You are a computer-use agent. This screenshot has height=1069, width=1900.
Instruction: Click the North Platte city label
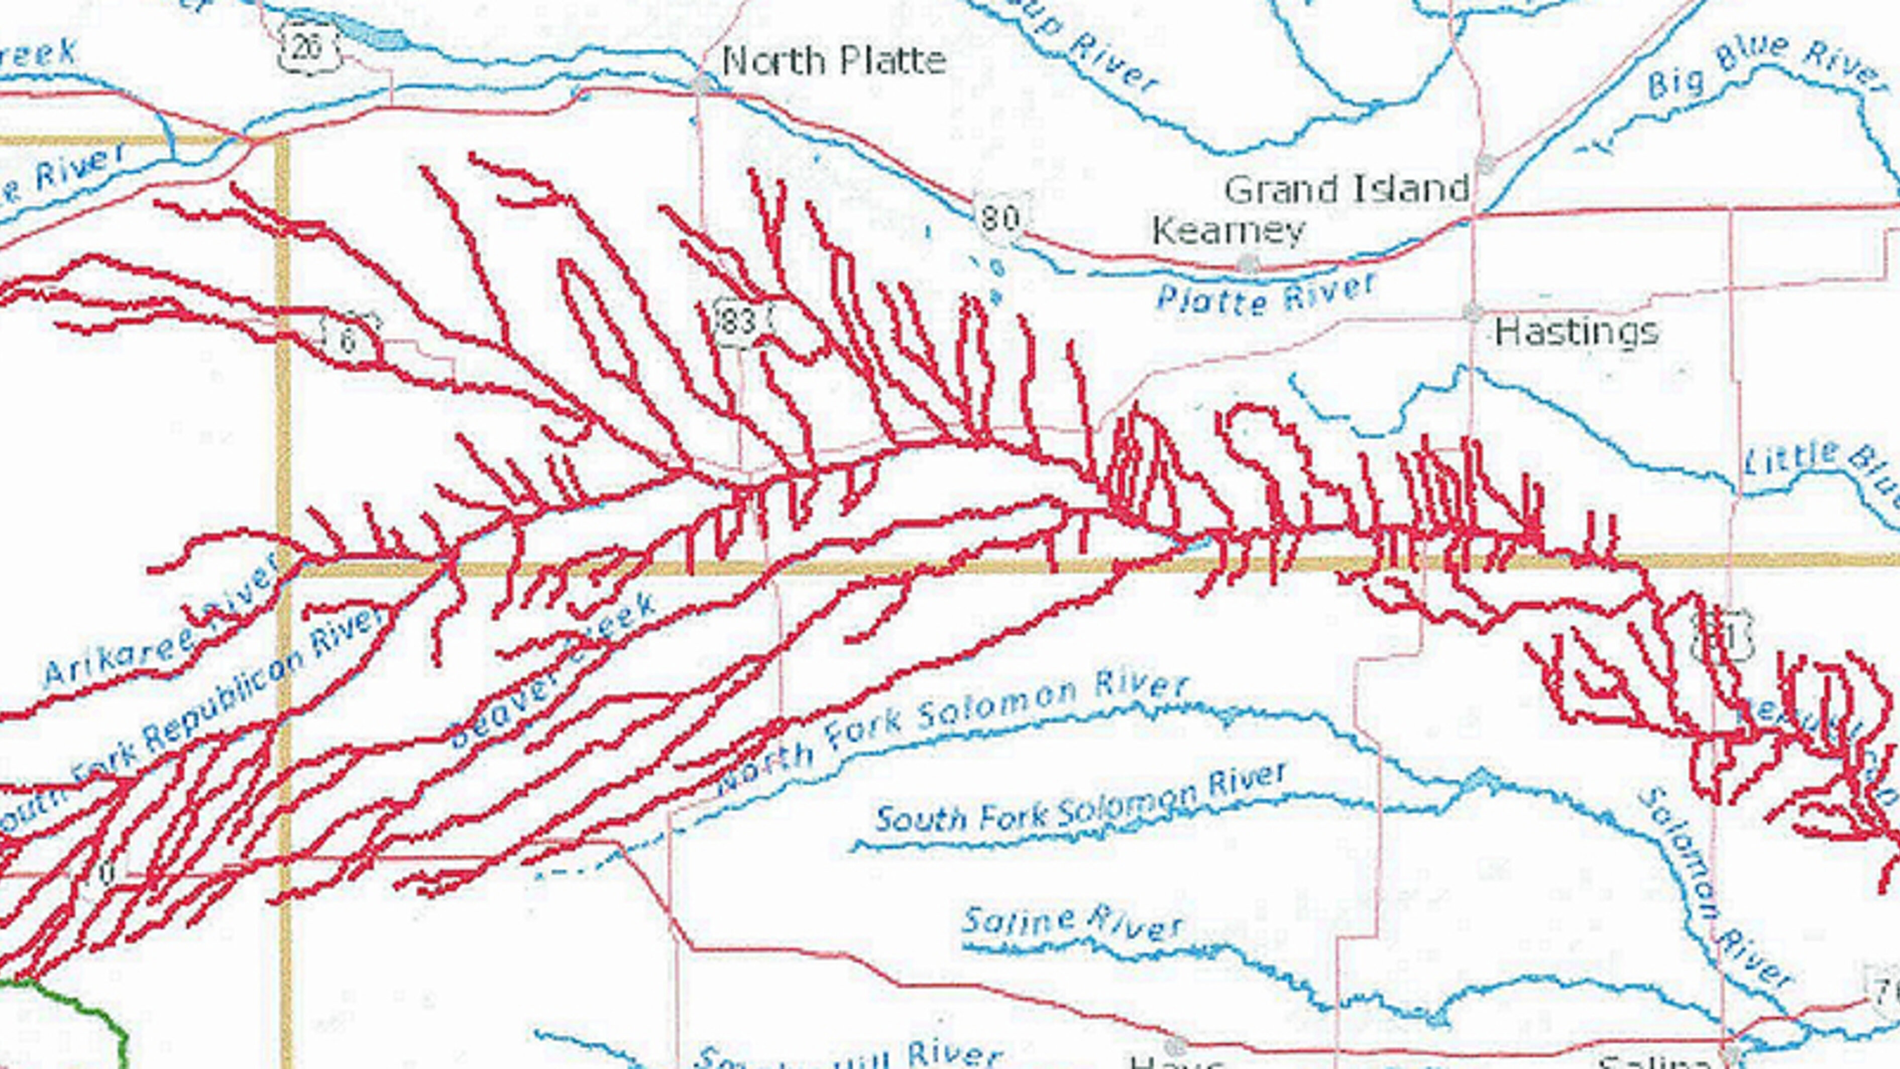click(x=833, y=60)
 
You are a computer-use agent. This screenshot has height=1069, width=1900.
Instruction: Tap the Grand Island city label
click(x=1347, y=189)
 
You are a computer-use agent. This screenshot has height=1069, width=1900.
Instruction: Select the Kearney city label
click(x=1227, y=232)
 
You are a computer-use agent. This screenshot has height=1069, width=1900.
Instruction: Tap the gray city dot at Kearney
click(x=1247, y=263)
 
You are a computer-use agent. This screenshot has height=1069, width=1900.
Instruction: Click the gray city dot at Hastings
click(x=1473, y=312)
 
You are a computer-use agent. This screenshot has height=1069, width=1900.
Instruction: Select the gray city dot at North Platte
click(x=704, y=83)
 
